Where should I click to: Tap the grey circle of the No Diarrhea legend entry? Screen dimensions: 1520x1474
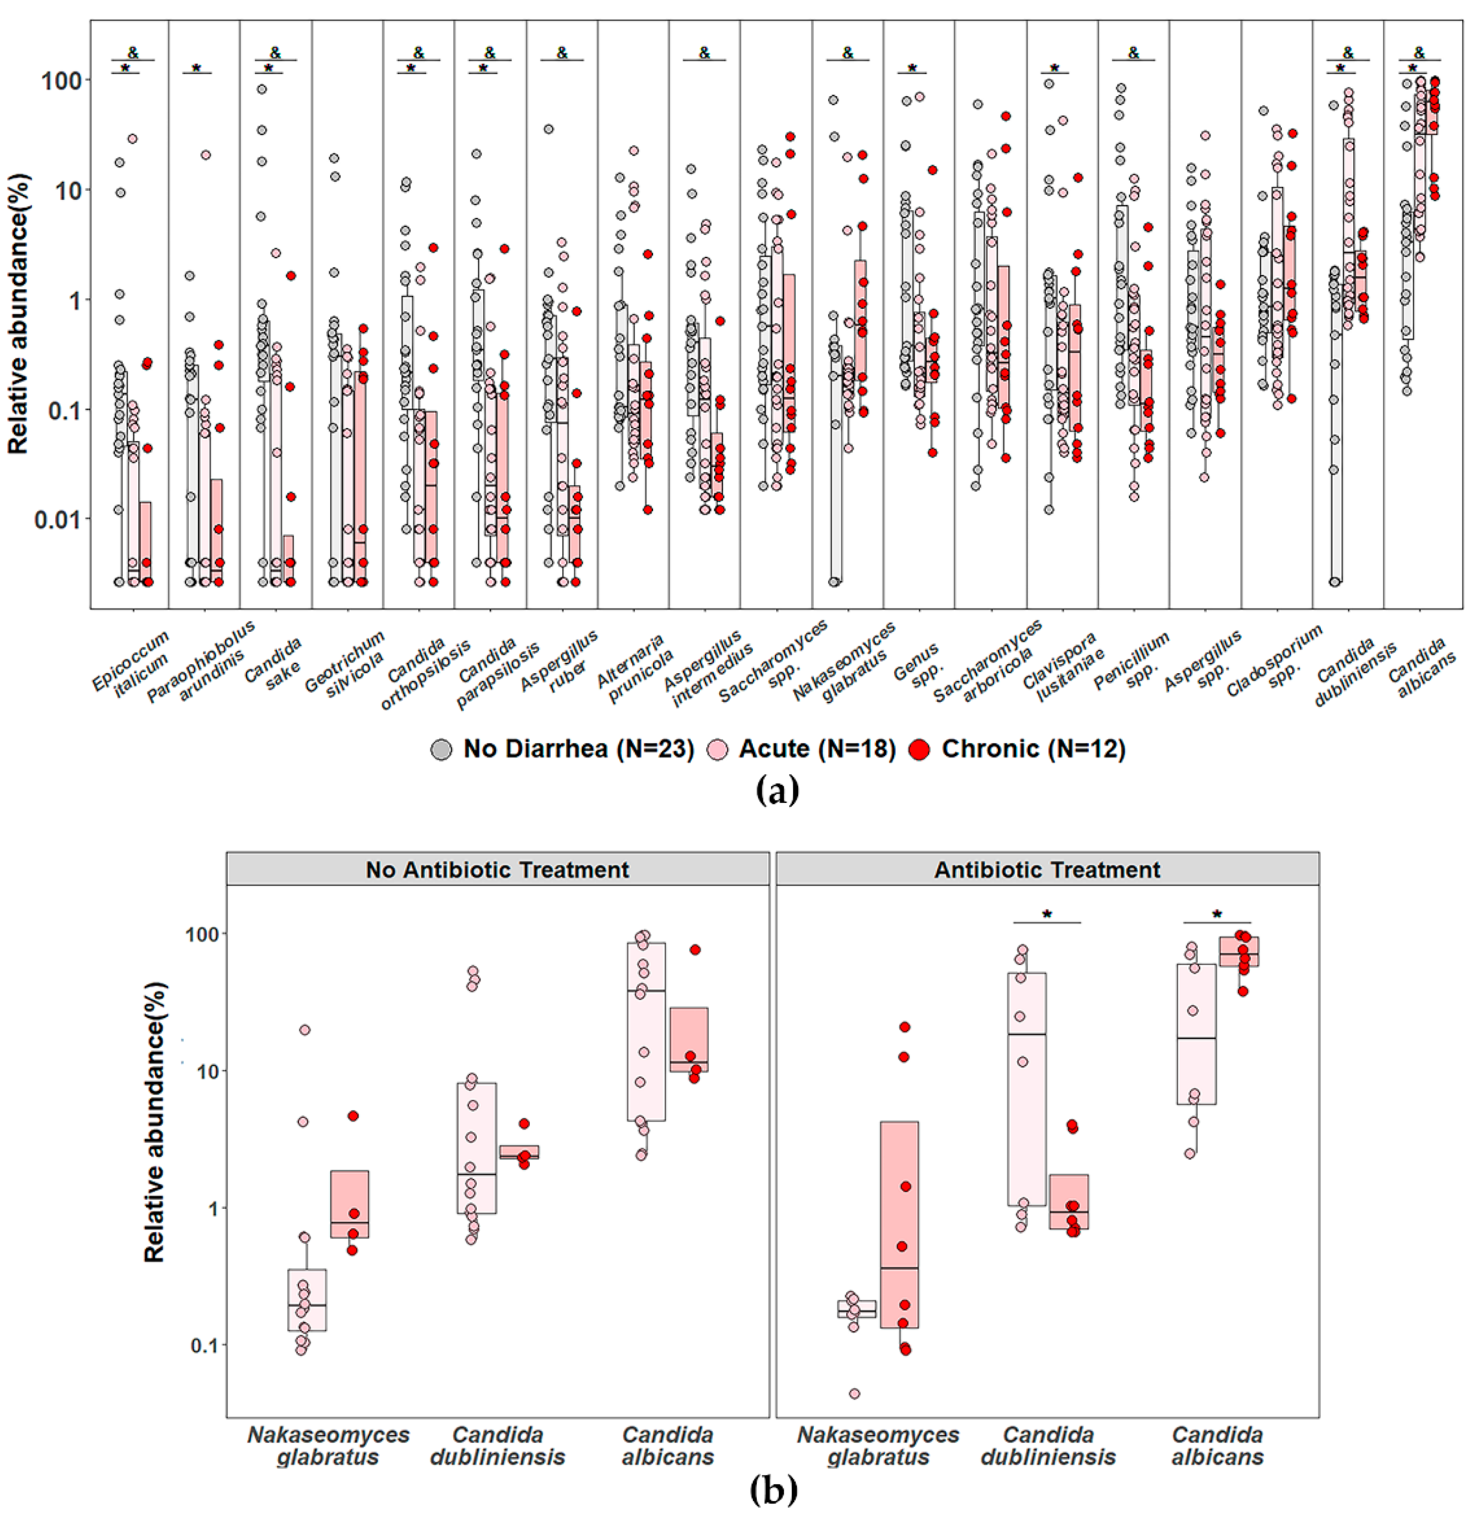click(x=441, y=749)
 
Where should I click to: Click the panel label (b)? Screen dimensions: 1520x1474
click(x=774, y=1490)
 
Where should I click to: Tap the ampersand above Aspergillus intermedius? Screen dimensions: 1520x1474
click(x=704, y=53)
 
